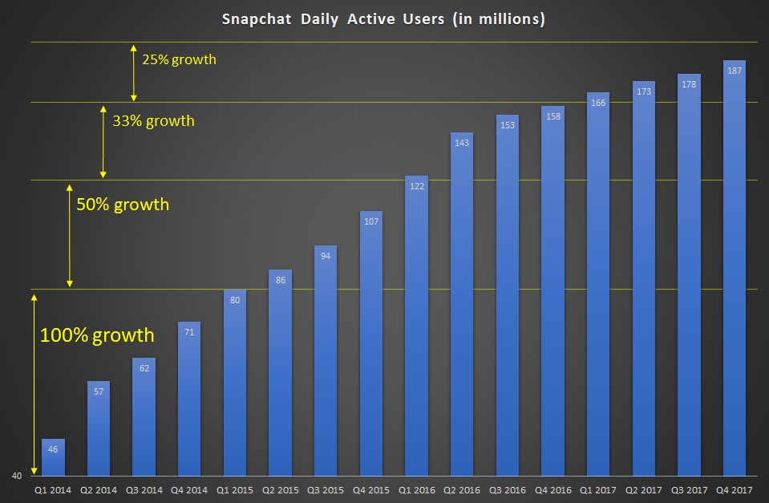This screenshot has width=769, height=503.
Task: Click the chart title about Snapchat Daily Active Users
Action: point(384,19)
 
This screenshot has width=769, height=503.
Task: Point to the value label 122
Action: point(416,185)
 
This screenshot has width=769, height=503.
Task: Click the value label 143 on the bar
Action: point(462,142)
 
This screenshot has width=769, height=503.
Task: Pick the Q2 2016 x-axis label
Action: point(462,489)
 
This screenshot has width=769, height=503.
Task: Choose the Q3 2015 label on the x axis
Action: point(326,489)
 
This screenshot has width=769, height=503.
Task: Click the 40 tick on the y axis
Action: point(16,476)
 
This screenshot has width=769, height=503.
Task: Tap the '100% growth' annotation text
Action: point(96,335)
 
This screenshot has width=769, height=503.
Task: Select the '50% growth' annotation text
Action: point(123,205)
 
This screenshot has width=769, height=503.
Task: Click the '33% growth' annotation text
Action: point(153,121)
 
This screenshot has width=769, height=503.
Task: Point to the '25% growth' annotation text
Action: point(179,59)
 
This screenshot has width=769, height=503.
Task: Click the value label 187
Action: point(734,71)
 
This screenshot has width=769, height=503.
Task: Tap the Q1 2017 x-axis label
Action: point(598,489)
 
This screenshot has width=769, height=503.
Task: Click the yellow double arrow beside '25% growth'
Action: point(133,71)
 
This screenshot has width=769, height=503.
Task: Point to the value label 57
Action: point(98,391)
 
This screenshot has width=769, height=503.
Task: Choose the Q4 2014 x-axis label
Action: point(189,489)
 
